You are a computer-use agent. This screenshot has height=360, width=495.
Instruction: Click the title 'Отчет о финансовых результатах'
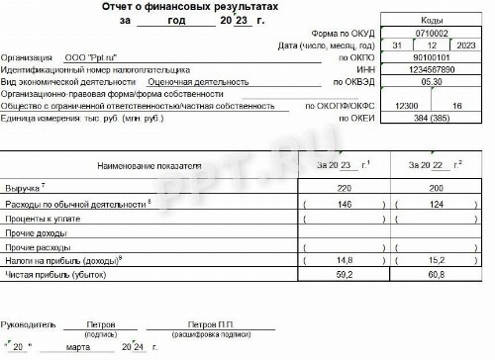(189, 7)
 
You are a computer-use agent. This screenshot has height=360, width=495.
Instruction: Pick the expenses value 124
(434, 203)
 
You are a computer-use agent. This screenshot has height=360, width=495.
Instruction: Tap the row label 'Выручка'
(21, 187)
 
